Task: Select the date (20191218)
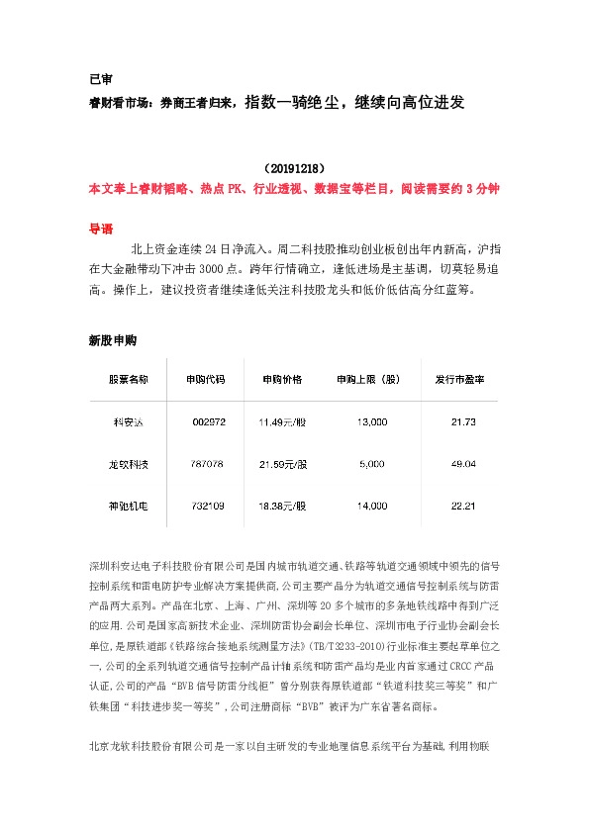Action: point(295,169)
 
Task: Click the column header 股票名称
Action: point(129,380)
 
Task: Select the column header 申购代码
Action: point(205,380)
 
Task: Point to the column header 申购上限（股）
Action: point(367,380)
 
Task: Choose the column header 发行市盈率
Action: point(459,380)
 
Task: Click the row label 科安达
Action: point(129,422)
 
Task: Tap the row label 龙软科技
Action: point(129,464)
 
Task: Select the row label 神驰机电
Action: point(129,507)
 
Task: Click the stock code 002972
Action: point(209,422)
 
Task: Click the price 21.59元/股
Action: point(283,464)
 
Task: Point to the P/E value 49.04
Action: point(463,464)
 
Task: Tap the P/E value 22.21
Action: point(463,507)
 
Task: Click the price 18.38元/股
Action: point(283,507)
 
